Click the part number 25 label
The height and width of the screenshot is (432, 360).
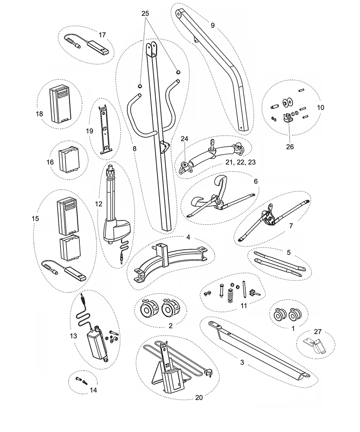pos(145,14)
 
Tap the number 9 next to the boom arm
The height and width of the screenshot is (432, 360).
pos(212,25)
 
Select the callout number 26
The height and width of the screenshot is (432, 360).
pos(290,146)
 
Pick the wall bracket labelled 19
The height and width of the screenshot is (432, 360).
pos(104,129)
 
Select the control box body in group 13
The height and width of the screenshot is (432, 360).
pos(97,344)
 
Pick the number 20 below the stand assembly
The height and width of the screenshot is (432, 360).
pos(199,398)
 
